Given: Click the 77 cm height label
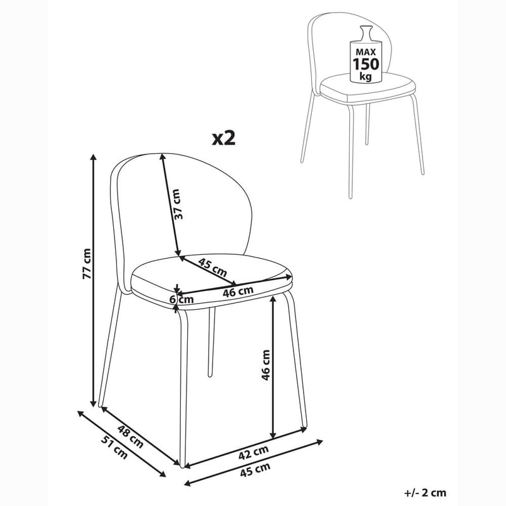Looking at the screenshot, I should tap(87, 264).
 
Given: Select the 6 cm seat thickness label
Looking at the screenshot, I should tap(184, 299).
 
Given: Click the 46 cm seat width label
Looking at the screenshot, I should tap(239, 292).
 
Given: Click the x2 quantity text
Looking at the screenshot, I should tap(223, 139).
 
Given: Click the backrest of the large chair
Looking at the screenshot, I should tap(209, 196).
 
